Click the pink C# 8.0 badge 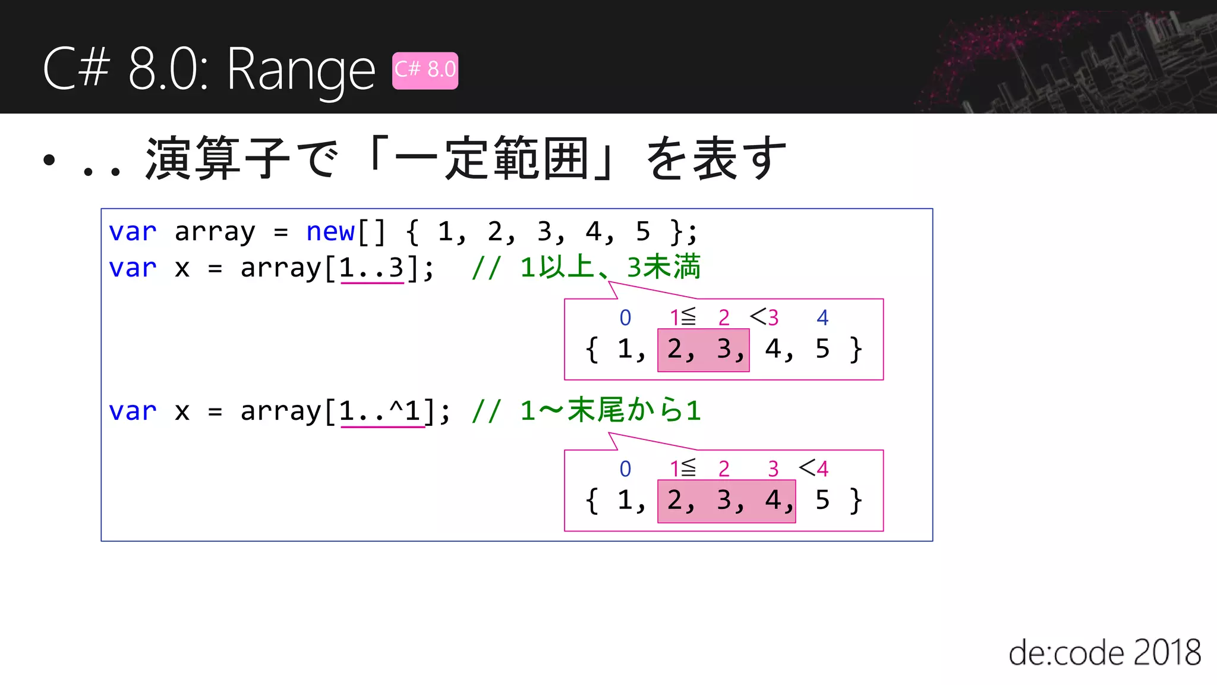click(425, 70)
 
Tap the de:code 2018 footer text click(1104, 653)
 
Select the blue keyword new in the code click(330, 231)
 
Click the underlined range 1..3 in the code click(371, 268)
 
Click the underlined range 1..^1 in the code click(382, 411)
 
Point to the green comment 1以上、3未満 click(610, 267)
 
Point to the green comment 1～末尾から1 click(610, 411)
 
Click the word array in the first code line click(215, 231)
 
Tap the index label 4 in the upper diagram click(822, 318)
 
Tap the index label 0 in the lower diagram click(625, 469)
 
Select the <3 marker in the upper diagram click(764, 318)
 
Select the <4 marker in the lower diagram click(814, 469)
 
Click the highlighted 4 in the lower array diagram click(773, 500)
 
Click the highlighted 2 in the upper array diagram click(674, 349)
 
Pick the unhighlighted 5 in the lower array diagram click(822, 500)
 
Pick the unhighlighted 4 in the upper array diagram click(773, 349)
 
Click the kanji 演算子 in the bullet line click(217, 159)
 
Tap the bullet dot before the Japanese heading click(49, 159)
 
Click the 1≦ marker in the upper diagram click(682, 318)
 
